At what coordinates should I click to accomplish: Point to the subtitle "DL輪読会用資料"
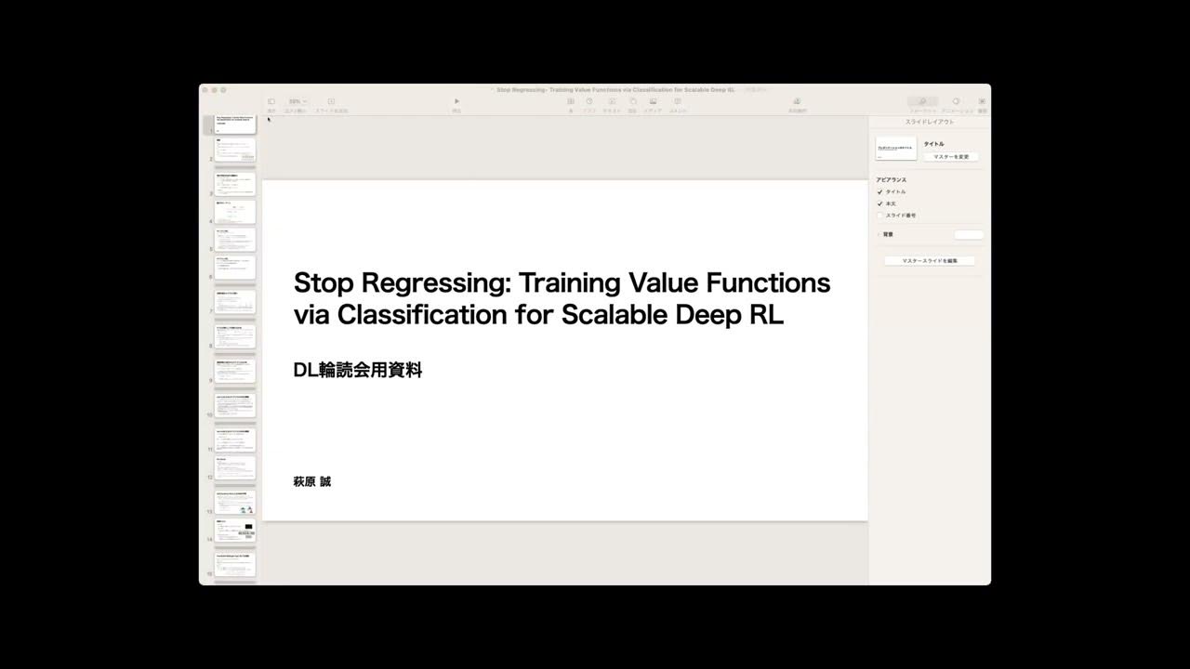pos(358,370)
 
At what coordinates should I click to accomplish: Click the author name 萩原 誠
pos(311,481)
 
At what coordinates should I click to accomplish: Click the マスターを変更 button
pos(950,157)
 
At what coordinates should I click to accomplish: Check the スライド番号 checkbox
pos(879,216)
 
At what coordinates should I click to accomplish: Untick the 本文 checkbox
pos(879,203)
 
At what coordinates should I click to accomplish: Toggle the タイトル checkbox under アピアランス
pos(879,191)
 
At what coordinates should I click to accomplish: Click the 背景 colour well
pos(968,234)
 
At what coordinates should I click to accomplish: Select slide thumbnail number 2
pos(235,151)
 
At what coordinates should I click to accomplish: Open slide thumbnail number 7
pos(235,302)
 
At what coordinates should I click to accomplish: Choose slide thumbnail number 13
pos(235,503)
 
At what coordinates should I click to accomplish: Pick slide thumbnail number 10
pos(235,405)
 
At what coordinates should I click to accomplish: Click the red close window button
pos(205,90)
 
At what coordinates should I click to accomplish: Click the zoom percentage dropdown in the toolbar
pos(297,101)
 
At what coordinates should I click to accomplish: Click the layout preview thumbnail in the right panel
pos(896,149)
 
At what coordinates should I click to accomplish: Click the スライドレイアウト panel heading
pos(930,123)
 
